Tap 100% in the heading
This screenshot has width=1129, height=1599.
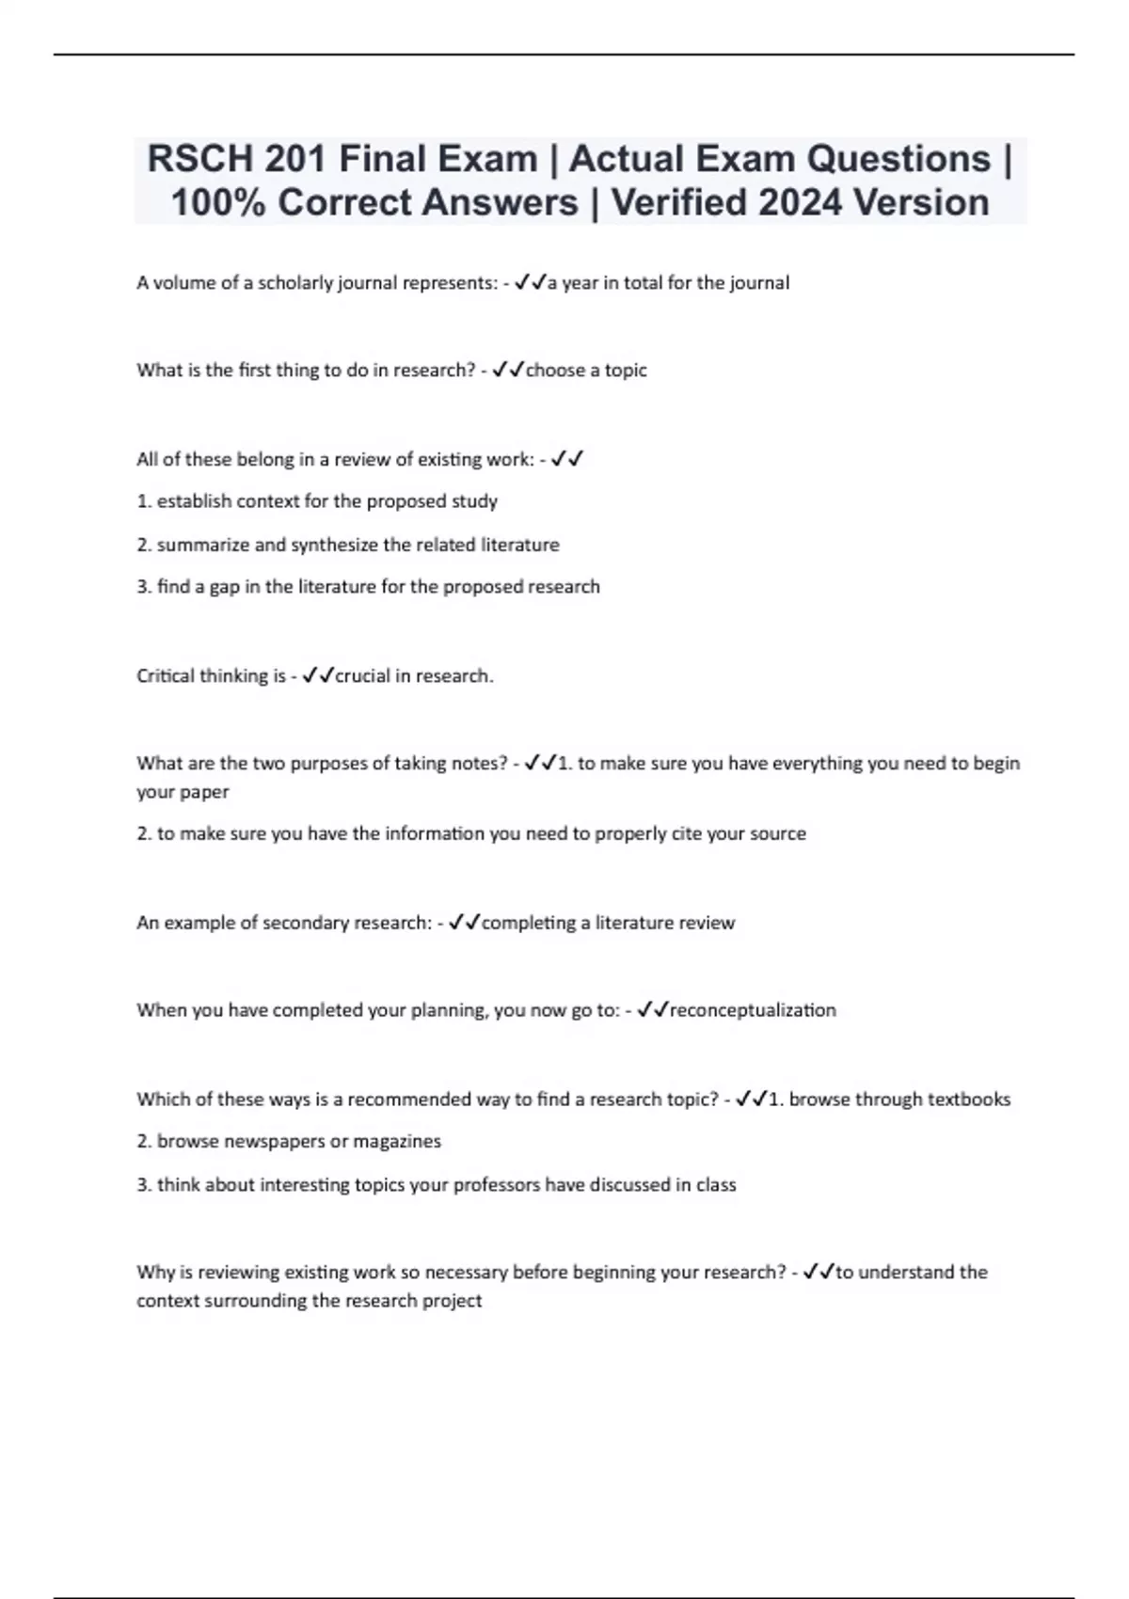click(x=217, y=202)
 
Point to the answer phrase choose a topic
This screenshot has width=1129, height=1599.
click(x=585, y=371)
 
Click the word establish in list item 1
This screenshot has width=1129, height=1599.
click(x=195, y=501)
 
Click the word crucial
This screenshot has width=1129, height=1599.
click(x=364, y=676)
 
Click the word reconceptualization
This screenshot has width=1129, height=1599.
click(x=752, y=1010)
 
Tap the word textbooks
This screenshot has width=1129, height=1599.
click(x=968, y=1100)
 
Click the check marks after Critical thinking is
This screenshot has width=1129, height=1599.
click(x=318, y=676)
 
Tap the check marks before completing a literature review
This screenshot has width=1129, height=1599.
click(x=465, y=923)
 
